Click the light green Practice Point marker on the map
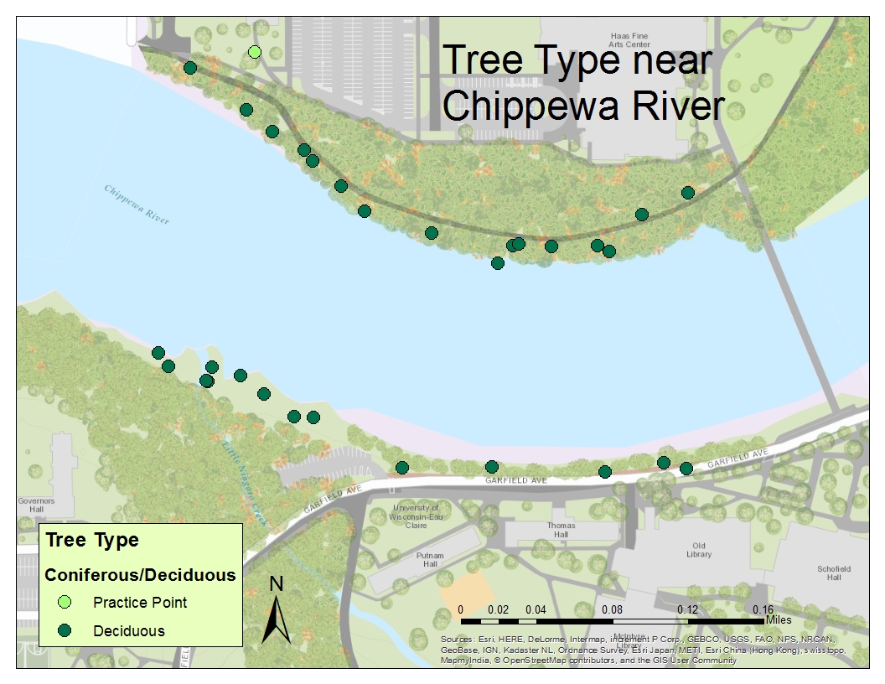pos(255,53)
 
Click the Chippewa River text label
pos(137,204)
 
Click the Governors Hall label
pos(36,505)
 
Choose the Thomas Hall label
pos(561,530)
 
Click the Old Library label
pos(698,549)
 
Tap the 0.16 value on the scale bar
pos(763,609)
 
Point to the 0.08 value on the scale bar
pos(612,609)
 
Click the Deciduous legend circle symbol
pos(65,630)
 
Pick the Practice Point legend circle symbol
pos(65,602)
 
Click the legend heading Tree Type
pos(92,540)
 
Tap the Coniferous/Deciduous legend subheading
pos(140,575)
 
